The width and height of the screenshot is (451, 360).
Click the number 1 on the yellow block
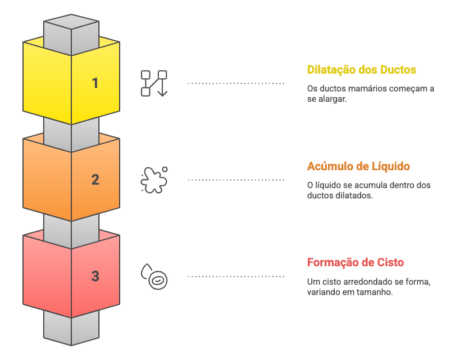95,83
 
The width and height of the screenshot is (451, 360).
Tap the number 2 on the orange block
95,179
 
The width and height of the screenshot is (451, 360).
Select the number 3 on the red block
95,276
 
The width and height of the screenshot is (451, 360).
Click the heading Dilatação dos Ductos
361,70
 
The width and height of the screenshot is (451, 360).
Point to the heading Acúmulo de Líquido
358,166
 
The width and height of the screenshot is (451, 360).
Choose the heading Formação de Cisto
355,262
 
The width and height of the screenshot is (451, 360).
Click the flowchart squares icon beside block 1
154,83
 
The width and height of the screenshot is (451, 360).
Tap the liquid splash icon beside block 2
154,179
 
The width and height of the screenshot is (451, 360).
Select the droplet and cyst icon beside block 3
154,277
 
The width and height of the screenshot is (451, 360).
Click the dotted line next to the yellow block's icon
236,83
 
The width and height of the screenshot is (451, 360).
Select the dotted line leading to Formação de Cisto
236,277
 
